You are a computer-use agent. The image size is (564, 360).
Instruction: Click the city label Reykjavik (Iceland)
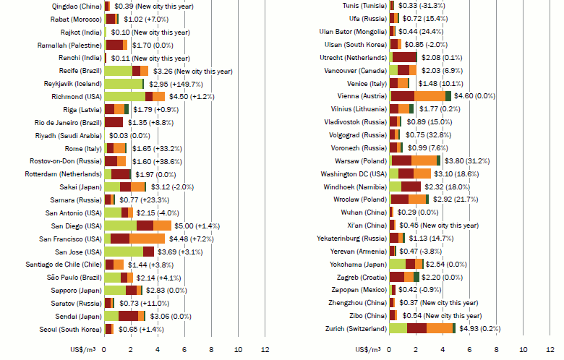click(71, 83)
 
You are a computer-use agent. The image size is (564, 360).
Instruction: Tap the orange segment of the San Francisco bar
click(147, 239)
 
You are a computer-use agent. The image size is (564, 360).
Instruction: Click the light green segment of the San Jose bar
click(124, 252)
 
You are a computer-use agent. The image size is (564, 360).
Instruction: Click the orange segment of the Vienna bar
click(430, 95)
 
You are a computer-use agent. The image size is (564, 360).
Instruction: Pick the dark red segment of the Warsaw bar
click(401, 160)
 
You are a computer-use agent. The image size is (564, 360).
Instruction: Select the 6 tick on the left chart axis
click(185, 350)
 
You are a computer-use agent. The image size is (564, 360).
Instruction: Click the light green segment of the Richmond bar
click(124, 96)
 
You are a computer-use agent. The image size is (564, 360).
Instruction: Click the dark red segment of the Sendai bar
click(128, 316)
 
